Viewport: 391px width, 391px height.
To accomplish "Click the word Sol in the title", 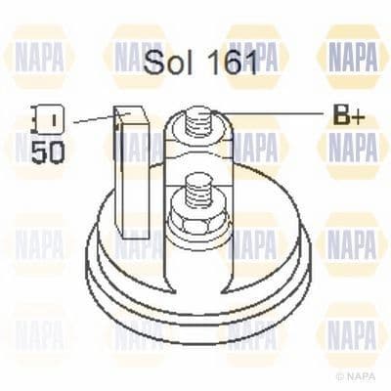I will (x=167, y=64).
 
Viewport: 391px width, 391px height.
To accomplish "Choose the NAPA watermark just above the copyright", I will (x=352, y=332).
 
